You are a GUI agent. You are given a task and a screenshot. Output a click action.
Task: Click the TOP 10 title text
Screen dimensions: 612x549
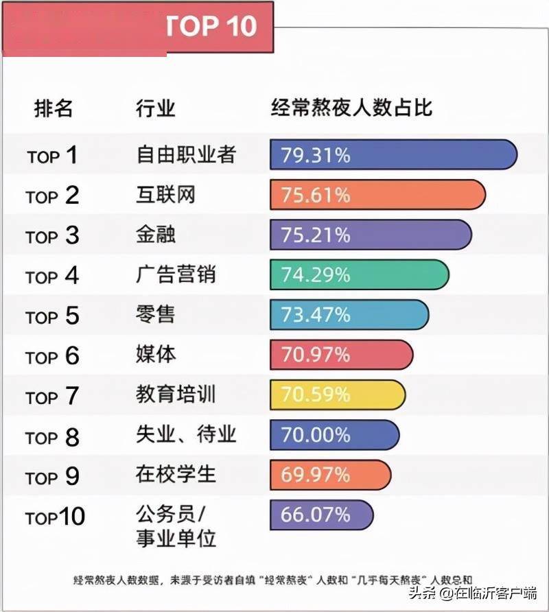point(211,26)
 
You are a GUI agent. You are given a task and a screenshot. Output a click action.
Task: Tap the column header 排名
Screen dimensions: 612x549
point(54,108)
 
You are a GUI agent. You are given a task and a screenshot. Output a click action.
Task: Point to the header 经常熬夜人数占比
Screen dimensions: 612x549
point(351,108)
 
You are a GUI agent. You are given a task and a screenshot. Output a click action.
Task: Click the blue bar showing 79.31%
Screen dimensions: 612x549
point(393,154)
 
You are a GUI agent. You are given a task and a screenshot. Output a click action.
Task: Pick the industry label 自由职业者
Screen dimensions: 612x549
point(185,154)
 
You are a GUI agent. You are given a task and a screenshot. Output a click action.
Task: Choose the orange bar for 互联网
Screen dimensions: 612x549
point(377,195)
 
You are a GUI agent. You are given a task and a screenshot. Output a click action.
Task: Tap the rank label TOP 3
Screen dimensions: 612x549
point(53,235)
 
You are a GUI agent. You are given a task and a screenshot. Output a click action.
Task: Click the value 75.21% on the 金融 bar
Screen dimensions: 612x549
point(316,235)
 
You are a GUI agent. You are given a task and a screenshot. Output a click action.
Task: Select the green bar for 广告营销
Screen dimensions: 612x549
point(360,274)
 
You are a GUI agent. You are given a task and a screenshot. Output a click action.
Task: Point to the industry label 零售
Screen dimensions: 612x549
point(156,314)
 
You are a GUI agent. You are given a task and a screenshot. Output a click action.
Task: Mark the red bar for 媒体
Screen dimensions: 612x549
point(342,355)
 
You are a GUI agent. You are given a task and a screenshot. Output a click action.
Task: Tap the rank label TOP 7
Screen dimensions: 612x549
point(53,396)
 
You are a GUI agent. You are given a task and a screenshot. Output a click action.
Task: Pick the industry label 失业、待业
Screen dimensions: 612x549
point(185,435)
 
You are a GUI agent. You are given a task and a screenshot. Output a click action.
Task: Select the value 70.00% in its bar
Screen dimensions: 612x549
point(316,435)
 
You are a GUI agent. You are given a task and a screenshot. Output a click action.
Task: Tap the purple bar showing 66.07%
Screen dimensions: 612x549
point(322,515)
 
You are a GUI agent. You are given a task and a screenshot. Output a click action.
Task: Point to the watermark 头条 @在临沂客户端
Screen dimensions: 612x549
point(473,592)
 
